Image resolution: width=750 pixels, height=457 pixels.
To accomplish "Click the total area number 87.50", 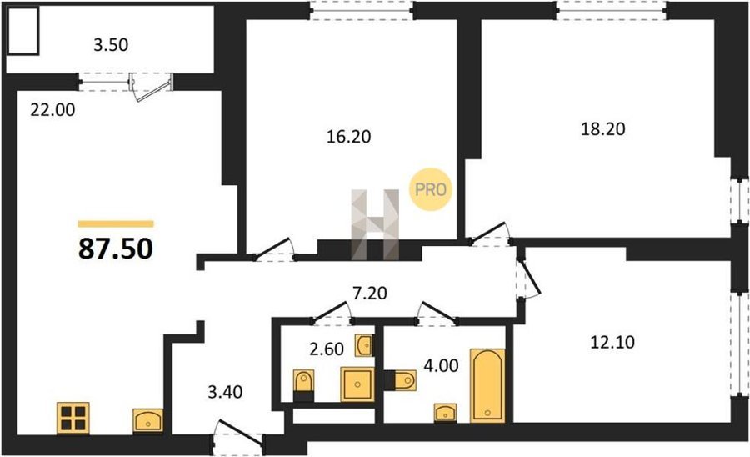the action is coord(116,249).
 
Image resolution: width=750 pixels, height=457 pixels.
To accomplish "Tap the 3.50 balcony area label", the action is coord(111,45).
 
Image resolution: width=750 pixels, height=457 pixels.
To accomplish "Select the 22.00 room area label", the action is coord(52,110).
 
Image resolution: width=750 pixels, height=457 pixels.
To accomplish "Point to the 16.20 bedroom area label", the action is coord(348,137).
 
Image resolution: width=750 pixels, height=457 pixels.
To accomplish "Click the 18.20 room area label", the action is coord(602,129).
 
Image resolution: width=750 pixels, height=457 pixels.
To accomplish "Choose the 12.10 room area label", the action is coord(612,342).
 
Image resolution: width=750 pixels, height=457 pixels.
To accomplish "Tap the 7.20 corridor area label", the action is coord(370,293).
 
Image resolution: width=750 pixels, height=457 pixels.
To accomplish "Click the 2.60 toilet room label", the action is coord(327,349).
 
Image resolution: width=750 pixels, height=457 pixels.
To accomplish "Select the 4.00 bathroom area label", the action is coord(441,365).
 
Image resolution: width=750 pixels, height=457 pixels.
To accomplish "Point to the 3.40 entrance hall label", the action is coord(225,393).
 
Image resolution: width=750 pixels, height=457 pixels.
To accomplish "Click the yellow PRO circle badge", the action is coord(431,190).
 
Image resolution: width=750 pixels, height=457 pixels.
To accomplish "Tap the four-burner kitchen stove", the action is coord(73,418).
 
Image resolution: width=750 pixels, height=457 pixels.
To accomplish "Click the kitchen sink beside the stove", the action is coord(147,421).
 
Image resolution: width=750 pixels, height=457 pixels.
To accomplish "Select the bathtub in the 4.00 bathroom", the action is coord(487,386).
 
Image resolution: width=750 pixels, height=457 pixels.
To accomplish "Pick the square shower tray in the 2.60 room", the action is coord(357,384).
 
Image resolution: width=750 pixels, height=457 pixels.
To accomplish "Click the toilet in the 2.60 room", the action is coord(303,385).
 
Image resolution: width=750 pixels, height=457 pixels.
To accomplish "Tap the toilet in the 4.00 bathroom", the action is coord(400,380).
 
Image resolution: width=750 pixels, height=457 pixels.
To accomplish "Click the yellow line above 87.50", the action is coord(116,223).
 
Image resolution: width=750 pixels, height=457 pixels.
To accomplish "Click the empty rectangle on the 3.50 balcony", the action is coord(22,31).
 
